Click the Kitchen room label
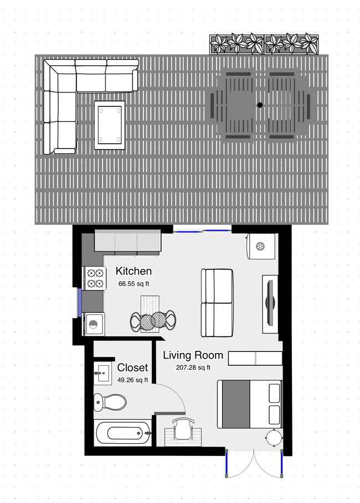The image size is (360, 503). (133, 271)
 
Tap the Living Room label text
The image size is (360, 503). (193, 355)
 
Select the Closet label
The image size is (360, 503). (132, 368)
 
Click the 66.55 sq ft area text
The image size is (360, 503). (133, 283)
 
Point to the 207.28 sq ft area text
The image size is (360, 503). (193, 367)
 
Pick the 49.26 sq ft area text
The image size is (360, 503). (133, 380)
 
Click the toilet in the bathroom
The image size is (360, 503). (110, 402)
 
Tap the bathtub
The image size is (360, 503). (122, 433)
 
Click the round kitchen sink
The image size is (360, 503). (94, 324)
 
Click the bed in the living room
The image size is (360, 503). (249, 404)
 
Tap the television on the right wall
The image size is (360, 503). (270, 303)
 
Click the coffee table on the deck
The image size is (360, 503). (110, 125)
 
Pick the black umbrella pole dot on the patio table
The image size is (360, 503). (259, 105)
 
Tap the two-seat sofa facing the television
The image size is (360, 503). (217, 302)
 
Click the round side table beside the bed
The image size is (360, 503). (274, 438)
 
